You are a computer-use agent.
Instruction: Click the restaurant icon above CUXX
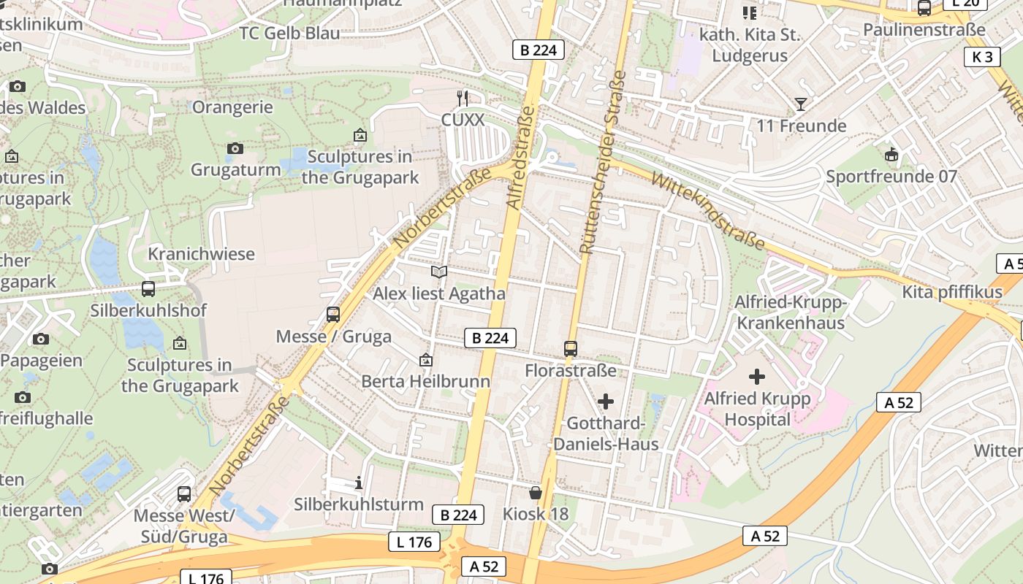coord(462,98)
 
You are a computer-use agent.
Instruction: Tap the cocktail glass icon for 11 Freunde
coord(801,104)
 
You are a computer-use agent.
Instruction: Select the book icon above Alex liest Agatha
coord(438,272)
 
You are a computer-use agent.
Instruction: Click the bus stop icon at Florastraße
coord(571,349)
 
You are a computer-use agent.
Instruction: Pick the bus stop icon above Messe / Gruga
coord(333,315)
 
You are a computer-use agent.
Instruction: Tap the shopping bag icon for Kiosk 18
coord(536,493)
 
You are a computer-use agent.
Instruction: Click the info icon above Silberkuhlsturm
coord(358,483)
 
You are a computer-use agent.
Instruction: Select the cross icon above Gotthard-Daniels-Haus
coord(605,401)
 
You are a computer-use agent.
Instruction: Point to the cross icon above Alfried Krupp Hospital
coord(757,377)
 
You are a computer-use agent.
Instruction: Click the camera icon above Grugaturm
coord(235,149)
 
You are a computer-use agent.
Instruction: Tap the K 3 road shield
coord(982,57)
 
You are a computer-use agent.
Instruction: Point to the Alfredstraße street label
coord(522,158)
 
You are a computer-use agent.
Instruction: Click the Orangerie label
coord(232,107)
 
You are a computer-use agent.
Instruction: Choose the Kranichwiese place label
coord(201,254)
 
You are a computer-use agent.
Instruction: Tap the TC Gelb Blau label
coord(289,34)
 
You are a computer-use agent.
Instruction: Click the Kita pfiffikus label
coord(952,293)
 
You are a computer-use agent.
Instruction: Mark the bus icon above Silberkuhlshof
coord(148,289)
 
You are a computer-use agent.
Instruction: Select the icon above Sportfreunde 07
coord(891,155)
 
